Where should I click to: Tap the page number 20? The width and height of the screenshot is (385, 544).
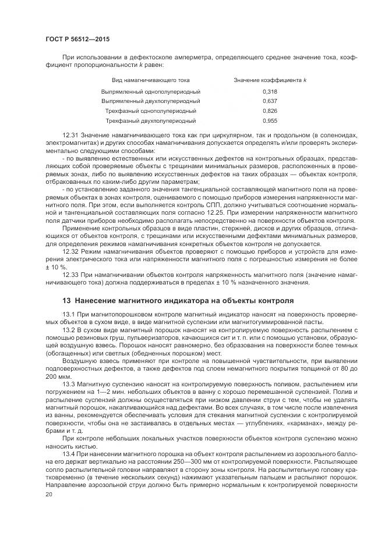(48, 495)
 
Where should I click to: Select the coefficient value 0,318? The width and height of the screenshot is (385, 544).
(270, 92)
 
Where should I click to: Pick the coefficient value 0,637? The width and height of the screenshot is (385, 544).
(270, 101)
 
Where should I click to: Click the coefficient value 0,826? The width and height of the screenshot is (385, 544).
(270, 111)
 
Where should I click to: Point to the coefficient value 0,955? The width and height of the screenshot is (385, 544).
(270, 120)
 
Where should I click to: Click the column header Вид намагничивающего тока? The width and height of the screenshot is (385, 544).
(151, 80)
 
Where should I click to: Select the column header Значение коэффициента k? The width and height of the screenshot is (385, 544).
(270, 80)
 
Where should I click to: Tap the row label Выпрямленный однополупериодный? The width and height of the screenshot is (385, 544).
(151, 92)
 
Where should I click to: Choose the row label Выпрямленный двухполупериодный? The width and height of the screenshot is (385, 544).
(151, 101)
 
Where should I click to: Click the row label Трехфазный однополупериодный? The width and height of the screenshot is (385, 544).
(151, 111)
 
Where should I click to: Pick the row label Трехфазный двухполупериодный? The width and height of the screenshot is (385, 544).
(151, 120)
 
